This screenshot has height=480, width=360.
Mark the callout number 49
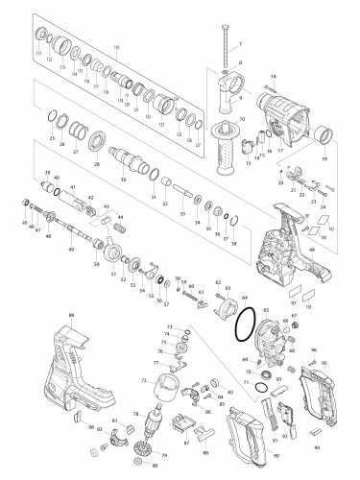click(71, 250)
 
